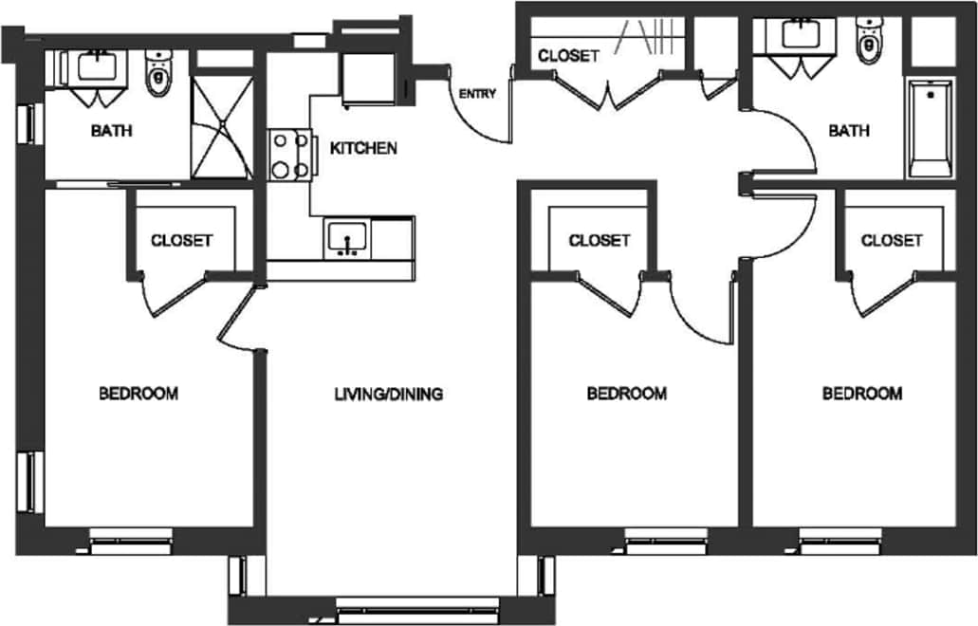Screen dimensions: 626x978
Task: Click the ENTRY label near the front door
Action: [477, 94]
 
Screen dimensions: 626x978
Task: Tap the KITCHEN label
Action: [362, 148]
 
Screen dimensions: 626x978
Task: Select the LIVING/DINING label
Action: [389, 394]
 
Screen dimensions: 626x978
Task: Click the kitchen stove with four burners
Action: [291, 155]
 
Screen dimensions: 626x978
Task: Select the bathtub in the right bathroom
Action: [930, 129]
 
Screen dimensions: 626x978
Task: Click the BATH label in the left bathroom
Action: [111, 131]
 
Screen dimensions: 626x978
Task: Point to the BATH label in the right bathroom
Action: [849, 131]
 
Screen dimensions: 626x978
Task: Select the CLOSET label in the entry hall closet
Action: [568, 56]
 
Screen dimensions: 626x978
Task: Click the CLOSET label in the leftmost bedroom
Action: [181, 240]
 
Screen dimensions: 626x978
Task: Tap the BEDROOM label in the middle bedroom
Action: [626, 394]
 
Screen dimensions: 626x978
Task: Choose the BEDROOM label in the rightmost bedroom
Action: [861, 394]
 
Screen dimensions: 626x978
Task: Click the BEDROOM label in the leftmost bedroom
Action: [138, 393]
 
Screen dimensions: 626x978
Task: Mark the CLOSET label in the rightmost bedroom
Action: [891, 240]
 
